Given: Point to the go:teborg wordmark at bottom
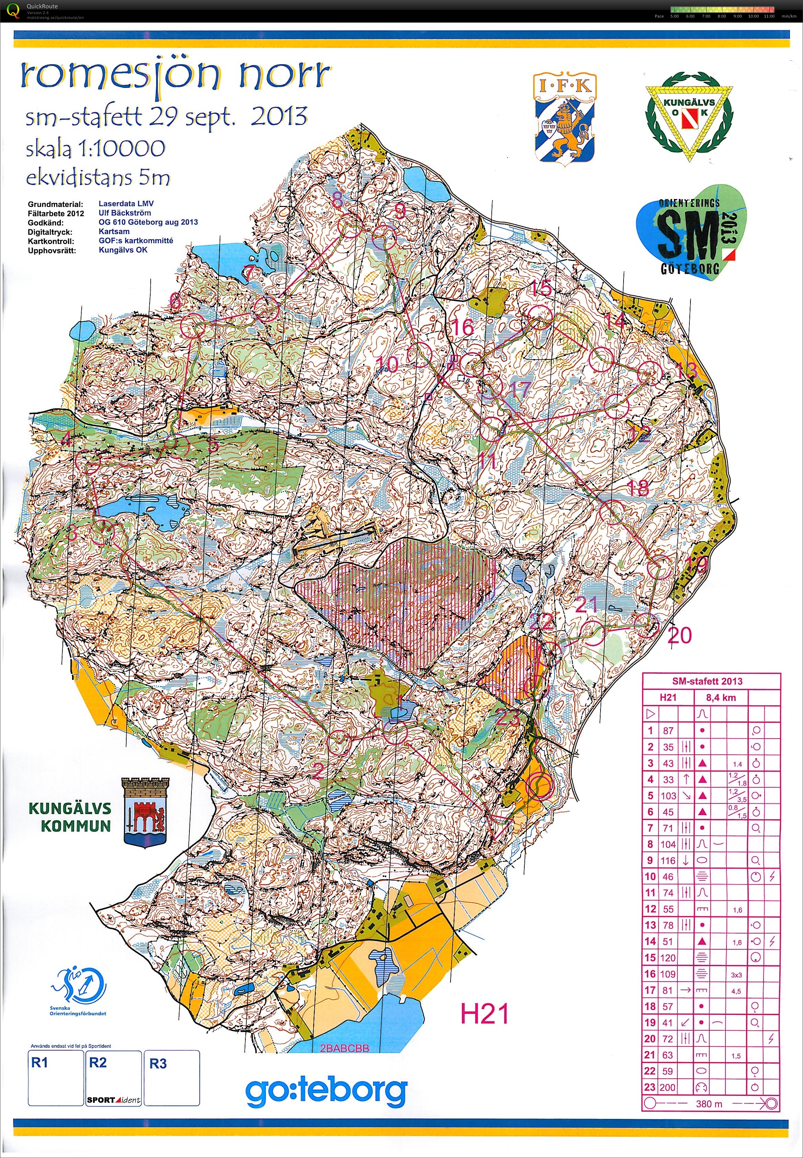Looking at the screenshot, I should pyautogui.click(x=326, y=1091).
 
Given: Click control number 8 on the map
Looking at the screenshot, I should pyautogui.click(x=337, y=201).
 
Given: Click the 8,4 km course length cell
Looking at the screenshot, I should pyautogui.click(x=721, y=697).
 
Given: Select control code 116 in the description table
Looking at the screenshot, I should pyautogui.click(x=668, y=860).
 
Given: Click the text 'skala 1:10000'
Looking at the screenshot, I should pyautogui.click(x=96, y=148).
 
